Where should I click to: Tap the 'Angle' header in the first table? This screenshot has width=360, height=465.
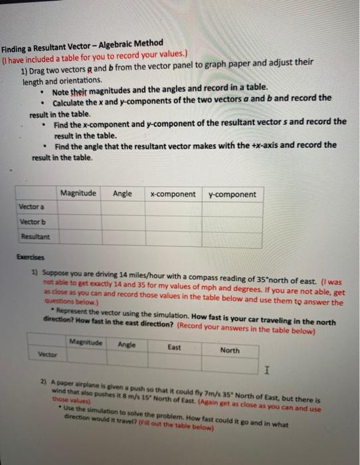122,193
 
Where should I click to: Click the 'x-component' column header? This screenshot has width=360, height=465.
173,194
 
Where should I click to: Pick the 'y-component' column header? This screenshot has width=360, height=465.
231,194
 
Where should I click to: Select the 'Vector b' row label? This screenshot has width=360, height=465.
33,221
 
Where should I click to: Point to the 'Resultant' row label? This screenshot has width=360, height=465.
34,235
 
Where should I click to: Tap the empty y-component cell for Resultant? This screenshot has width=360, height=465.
232,237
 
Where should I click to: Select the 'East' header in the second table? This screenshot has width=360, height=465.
174,346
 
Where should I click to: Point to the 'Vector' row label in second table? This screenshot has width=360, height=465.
47,355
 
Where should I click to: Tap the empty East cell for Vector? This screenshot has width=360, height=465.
174,360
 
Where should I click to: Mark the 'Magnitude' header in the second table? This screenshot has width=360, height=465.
86,343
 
